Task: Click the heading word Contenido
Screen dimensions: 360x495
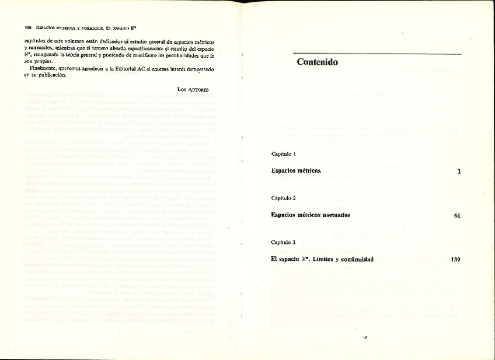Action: pos(317,62)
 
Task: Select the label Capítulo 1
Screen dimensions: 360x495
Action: pos(284,154)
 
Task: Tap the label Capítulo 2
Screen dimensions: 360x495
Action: pos(284,198)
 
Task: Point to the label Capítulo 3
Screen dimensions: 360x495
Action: pos(284,242)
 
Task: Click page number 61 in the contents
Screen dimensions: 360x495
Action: pos(457,215)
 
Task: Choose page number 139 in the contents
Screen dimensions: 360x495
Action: pos(455,259)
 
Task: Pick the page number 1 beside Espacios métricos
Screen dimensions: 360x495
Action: pos(459,172)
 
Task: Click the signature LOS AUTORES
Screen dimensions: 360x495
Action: pos(193,89)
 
